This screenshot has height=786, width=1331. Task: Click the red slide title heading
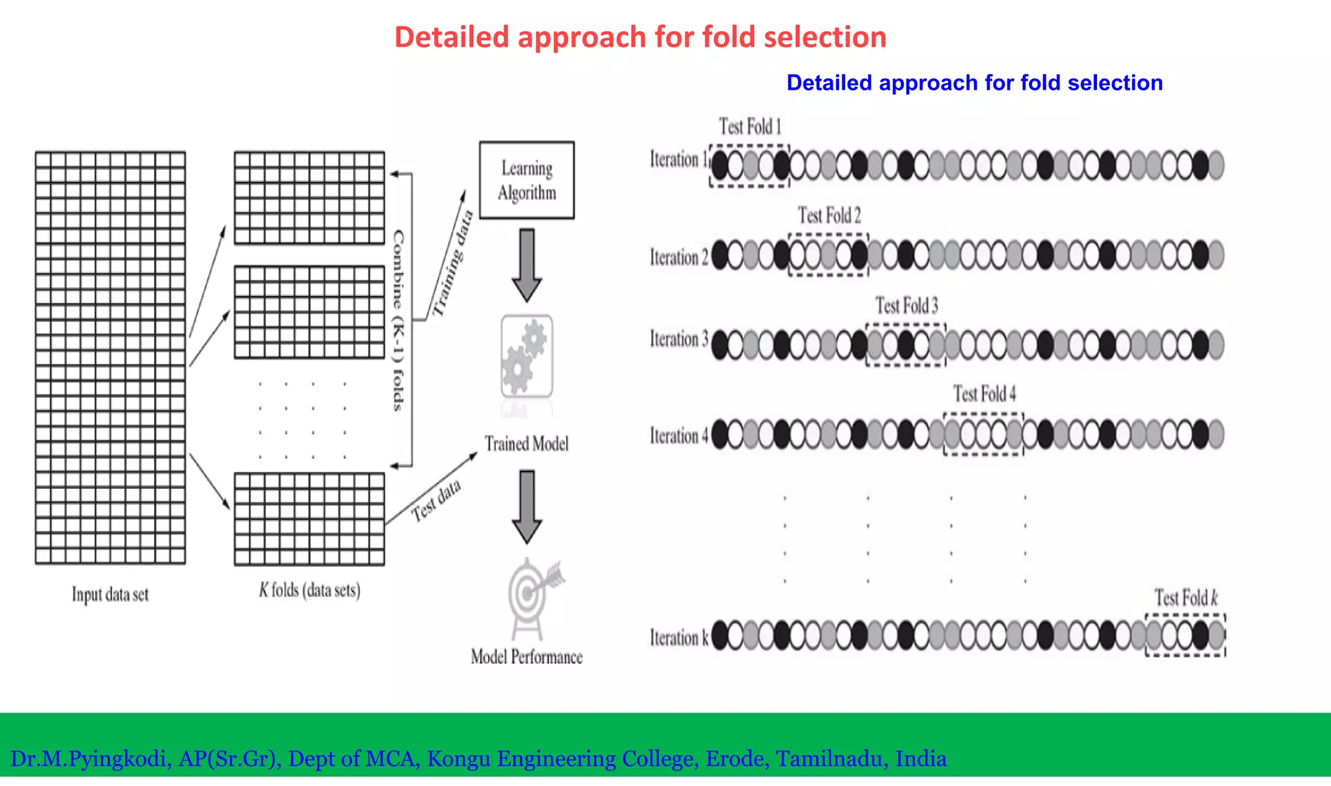click(640, 37)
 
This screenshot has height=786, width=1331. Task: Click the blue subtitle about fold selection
click(974, 83)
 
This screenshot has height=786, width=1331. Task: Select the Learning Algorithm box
click(526, 180)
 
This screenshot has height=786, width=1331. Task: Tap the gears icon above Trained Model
click(526, 356)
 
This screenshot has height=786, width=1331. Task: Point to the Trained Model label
click(526, 444)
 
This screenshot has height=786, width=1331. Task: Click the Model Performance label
click(526, 657)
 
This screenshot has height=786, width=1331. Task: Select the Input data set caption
click(110, 594)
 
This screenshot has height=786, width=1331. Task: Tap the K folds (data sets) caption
click(309, 590)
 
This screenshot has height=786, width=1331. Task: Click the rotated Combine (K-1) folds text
click(398, 320)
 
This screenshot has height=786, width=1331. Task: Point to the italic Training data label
click(452, 263)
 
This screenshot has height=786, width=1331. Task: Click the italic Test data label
click(436, 501)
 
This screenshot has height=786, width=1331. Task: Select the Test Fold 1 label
click(749, 126)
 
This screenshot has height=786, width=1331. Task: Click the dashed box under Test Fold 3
click(906, 345)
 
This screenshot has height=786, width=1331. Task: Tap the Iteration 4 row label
click(678, 436)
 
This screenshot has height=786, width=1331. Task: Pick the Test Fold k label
click(1185, 597)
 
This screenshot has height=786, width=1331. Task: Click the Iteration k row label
click(678, 638)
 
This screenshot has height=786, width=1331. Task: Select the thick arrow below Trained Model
click(526, 506)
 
